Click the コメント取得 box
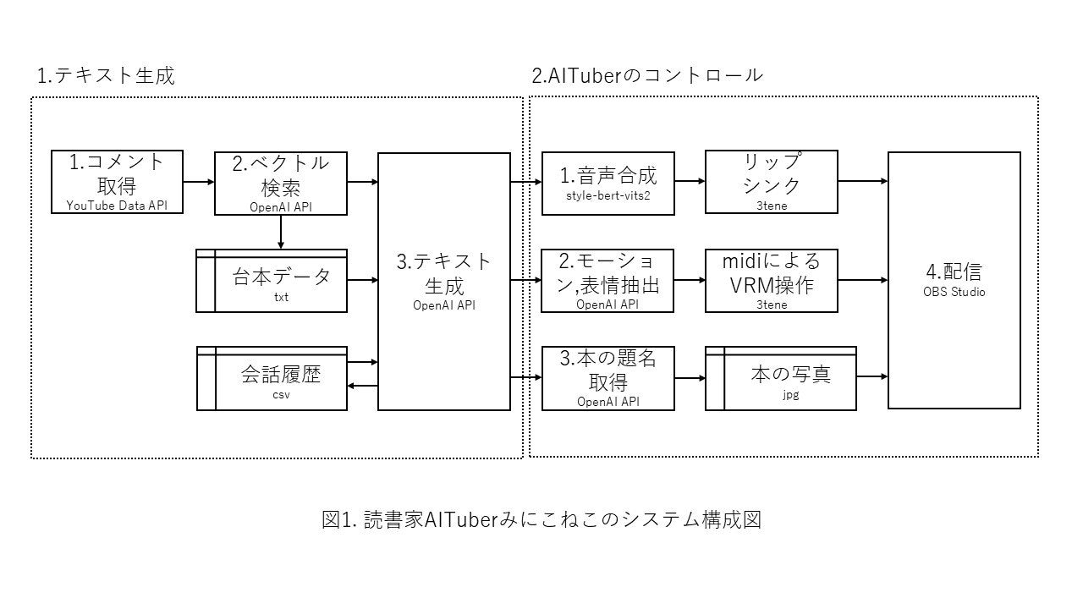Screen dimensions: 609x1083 (x=117, y=181)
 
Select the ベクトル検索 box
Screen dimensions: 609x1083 (x=280, y=181)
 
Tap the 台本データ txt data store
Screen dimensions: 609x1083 (x=272, y=281)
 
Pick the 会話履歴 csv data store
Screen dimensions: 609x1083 (x=272, y=378)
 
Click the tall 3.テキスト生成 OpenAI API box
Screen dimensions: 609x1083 (x=444, y=281)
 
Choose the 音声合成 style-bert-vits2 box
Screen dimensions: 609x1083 (x=607, y=181)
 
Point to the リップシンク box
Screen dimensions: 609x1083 (x=771, y=181)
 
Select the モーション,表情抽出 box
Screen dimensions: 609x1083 (x=607, y=281)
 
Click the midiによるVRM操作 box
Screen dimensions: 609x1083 (x=771, y=281)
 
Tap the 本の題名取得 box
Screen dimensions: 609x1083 (x=607, y=378)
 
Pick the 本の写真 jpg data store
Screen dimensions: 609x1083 (x=780, y=378)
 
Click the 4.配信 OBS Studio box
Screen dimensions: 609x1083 (x=954, y=281)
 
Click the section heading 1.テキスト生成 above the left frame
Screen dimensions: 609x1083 (x=106, y=75)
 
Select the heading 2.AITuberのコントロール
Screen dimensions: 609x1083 (x=647, y=75)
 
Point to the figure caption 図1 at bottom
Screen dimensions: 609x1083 (x=541, y=518)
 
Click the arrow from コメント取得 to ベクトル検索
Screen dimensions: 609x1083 (x=199, y=181)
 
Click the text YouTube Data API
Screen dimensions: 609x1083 (x=117, y=205)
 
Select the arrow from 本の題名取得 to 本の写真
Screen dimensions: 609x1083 (x=690, y=378)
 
